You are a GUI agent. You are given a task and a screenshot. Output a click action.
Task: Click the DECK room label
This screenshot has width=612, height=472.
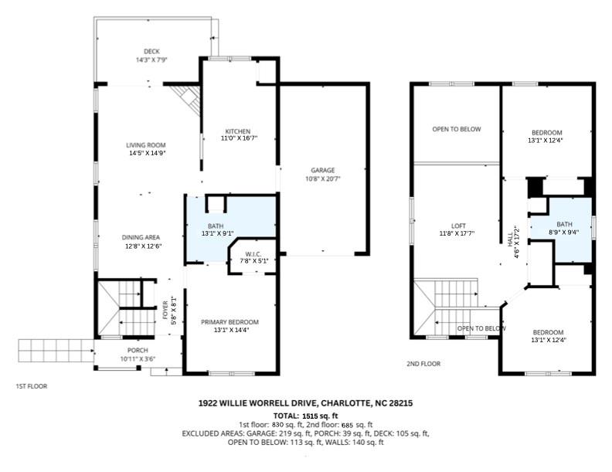coord(151,52)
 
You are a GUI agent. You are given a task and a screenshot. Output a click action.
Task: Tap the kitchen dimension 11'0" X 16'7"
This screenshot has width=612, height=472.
coord(238,138)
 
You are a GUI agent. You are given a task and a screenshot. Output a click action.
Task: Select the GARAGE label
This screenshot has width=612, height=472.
coord(323,170)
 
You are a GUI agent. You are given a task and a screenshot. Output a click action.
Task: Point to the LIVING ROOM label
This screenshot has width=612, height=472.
coord(145,145)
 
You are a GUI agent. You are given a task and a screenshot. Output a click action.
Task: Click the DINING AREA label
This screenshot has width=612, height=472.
coord(141,237)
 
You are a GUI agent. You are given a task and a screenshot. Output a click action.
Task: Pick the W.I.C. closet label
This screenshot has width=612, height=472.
coord(253,254)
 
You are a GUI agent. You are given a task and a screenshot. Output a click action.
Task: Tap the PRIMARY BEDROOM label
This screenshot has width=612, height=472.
coord(230,322)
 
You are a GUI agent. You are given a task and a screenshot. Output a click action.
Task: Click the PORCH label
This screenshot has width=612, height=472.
coord(138,350)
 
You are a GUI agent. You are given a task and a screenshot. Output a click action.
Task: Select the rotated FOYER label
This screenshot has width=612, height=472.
coord(165,310)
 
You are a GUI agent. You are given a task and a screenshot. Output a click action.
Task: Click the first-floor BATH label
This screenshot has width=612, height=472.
coord(216,226)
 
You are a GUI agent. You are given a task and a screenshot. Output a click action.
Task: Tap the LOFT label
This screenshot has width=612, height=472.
coord(458,226)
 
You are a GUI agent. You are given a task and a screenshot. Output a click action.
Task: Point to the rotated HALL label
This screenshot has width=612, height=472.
coord(510,239)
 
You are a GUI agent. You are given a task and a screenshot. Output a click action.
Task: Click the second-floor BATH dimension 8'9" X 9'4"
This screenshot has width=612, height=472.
coord(564,232)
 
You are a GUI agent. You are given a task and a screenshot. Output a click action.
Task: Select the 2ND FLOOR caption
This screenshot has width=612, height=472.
coord(423,364)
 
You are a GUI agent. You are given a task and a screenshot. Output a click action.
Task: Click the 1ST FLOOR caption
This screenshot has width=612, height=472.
coord(31,386)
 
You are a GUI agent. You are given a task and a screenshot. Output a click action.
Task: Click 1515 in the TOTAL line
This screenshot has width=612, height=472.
coord(308,416)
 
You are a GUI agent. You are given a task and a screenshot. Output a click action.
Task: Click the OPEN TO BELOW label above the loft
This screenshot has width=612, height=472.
coord(457,129)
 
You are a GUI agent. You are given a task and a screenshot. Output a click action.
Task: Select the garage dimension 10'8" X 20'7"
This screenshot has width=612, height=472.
coord(323,179)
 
